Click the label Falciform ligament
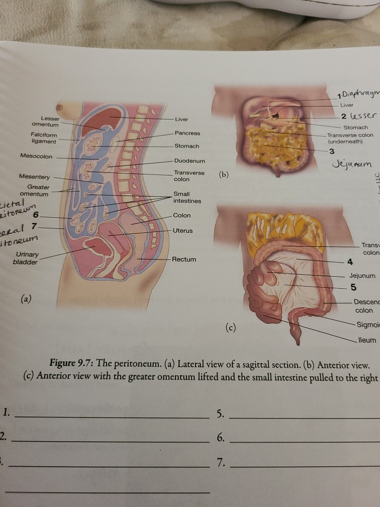click(x=44, y=138)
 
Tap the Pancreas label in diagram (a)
click(x=187, y=133)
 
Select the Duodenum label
click(x=189, y=161)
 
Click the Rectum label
click(x=183, y=260)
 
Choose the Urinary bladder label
click(x=25, y=259)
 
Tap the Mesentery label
click(x=34, y=177)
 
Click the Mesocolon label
click(x=36, y=156)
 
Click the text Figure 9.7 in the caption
click(x=74, y=365)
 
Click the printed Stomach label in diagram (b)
click(x=355, y=128)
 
